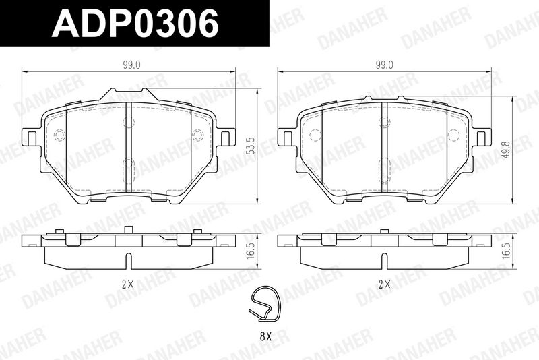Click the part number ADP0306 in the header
coord(135,23)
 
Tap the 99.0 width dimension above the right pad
coord(384,65)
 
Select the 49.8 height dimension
coord(507,150)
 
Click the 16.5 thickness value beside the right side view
coord(507,251)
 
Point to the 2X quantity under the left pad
coord(127,284)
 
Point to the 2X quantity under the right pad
coord(384,284)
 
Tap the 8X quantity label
coord(265,336)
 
